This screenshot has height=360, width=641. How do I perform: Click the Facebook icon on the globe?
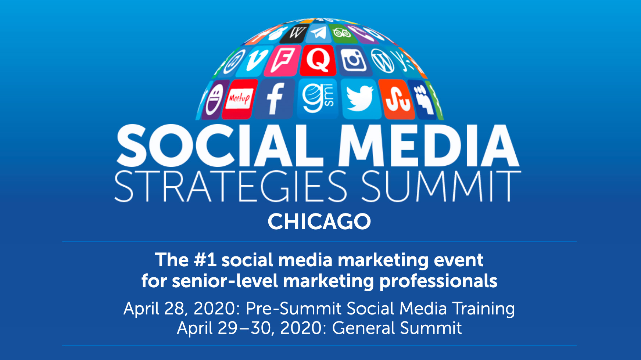point(275,98)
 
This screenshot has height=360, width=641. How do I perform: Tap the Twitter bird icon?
point(361,98)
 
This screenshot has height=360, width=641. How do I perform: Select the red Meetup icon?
point(239,98)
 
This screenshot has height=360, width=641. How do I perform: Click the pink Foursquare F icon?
point(282,61)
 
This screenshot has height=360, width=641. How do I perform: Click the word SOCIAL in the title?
point(220,145)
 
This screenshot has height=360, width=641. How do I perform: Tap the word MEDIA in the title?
point(429,145)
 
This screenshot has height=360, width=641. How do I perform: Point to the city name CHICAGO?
point(319,222)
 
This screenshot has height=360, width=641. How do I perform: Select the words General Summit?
point(397,328)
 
